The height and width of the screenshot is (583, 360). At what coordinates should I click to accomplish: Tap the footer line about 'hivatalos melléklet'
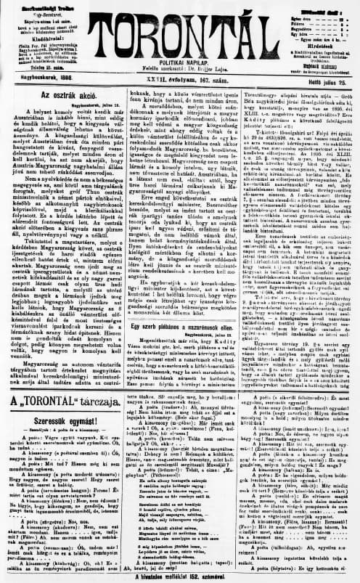[x=180, y=575]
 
